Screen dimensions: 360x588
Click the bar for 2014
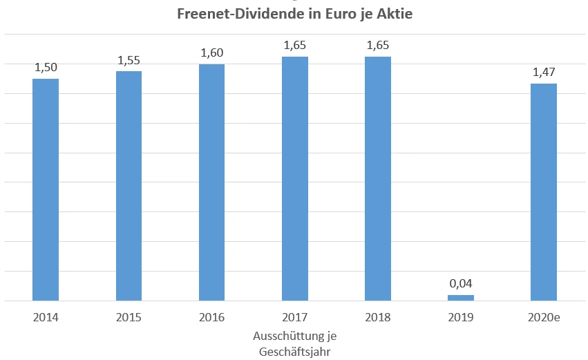46,190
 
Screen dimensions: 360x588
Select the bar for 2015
129,187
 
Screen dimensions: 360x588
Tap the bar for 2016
211,183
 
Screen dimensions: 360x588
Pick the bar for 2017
294,179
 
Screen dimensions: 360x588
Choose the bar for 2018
377,179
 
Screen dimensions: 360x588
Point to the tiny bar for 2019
460,298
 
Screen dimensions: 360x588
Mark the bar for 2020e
543,192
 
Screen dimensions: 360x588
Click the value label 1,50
46,67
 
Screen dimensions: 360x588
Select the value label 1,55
129,60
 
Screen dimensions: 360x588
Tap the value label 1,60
211,53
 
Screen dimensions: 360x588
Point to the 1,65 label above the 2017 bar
294,46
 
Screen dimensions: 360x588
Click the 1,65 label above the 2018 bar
377,46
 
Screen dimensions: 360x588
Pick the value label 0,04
460,283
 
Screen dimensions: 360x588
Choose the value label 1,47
543,72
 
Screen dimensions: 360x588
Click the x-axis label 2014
46,318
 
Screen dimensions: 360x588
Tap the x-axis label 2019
460,318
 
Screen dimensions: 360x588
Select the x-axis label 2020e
543,318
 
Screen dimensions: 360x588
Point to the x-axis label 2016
211,318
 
